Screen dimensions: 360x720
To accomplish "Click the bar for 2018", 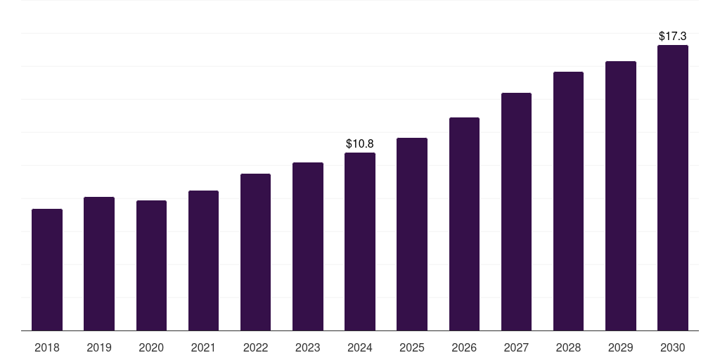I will click(47, 270).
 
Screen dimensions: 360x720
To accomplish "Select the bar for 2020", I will click(151, 266).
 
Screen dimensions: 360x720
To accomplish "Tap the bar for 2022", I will click(255, 252).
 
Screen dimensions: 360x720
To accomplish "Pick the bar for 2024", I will click(360, 242).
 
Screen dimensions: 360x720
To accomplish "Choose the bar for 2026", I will click(464, 224).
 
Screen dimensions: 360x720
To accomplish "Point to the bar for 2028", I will click(568, 201).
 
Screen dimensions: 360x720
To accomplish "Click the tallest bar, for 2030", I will click(672, 188).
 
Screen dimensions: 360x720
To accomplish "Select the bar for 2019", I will click(99, 264).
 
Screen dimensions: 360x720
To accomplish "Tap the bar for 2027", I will click(516, 212).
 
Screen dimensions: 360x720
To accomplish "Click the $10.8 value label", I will click(360, 144).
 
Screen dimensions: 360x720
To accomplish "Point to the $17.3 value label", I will click(672, 35).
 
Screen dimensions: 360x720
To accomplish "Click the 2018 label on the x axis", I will click(47, 347).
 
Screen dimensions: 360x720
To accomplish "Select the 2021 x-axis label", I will click(203, 347).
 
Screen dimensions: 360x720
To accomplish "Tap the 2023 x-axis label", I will click(307, 347).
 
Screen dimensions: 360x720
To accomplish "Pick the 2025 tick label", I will click(412, 347).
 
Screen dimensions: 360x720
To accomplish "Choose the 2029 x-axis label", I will click(620, 347).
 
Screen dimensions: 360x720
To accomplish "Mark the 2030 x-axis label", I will click(672, 347).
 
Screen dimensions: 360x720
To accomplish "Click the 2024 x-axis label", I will click(360, 347).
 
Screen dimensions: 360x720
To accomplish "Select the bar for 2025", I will click(412, 234).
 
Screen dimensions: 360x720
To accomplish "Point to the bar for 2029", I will click(620, 196).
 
